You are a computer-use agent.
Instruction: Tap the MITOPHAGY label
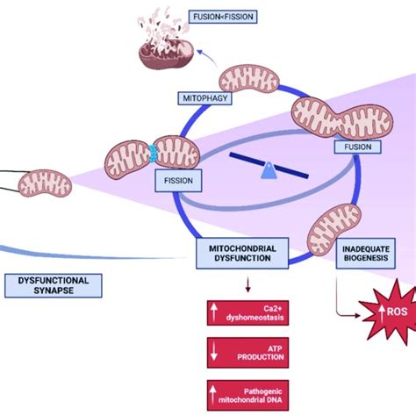(x=201, y=97)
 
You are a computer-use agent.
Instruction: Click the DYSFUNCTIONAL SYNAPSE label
(x=52, y=283)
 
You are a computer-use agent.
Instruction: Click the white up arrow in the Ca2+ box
(x=216, y=312)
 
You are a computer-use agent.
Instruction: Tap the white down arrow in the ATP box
(x=216, y=354)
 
